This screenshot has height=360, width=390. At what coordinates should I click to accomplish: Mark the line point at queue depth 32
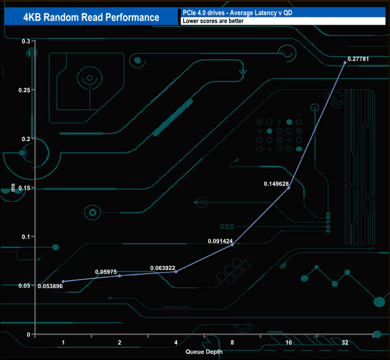[344, 62]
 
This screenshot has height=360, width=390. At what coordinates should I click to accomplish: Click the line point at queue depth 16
[289, 188]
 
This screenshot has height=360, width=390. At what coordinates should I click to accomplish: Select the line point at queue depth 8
[232, 245]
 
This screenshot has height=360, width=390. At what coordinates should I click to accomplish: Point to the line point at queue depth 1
[63, 281]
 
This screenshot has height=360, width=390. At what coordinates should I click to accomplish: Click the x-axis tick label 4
[176, 342]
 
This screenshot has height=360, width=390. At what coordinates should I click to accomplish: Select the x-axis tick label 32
[344, 342]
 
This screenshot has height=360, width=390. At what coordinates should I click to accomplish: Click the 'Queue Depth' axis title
[204, 352]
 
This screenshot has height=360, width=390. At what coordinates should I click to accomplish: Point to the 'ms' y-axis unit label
[14, 189]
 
